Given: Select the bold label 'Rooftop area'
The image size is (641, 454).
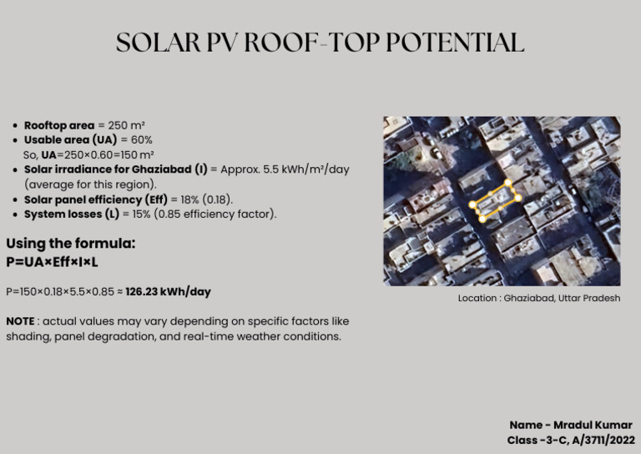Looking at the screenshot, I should tap(59, 125).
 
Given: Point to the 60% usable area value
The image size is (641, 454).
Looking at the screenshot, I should tap(142, 139).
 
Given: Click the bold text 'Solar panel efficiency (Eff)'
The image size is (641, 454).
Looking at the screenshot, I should tap(95, 199).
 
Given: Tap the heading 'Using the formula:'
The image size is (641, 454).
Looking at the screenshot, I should tap(70, 244).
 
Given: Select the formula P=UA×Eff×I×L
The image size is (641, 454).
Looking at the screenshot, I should tap(52, 262).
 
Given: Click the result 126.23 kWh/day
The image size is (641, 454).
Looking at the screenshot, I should tap(168, 292).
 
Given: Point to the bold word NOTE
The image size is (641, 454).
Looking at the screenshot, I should tap(20, 321).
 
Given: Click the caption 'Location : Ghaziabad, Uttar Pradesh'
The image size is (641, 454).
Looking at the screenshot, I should tap(538, 298).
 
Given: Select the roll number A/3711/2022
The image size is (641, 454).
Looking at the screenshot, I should tap(603, 440).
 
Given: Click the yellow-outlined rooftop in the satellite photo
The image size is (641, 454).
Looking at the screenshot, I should tap(495, 201).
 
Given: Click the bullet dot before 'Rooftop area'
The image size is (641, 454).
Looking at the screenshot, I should tap(16, 125).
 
